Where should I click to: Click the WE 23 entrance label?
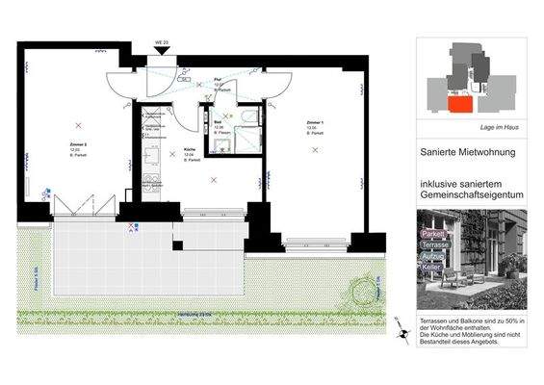pyautogui.click(x=161, y=43)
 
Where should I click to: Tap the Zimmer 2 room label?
pyautogui.click(x=73, y=144)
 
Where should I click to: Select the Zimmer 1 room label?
pyautogui.click(x=314, y=125)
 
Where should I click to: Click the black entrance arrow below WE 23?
pyautogui.click(x=161, y=53)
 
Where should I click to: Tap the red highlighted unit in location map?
pyautogui.click(x=459, y=103)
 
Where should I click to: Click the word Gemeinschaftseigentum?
pyautogui.click(x=471, y=194)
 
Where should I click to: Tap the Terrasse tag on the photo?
pyautogui.click(x=436, y=245)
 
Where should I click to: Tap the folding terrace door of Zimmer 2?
pyautogui.click(x=76, y=204)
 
